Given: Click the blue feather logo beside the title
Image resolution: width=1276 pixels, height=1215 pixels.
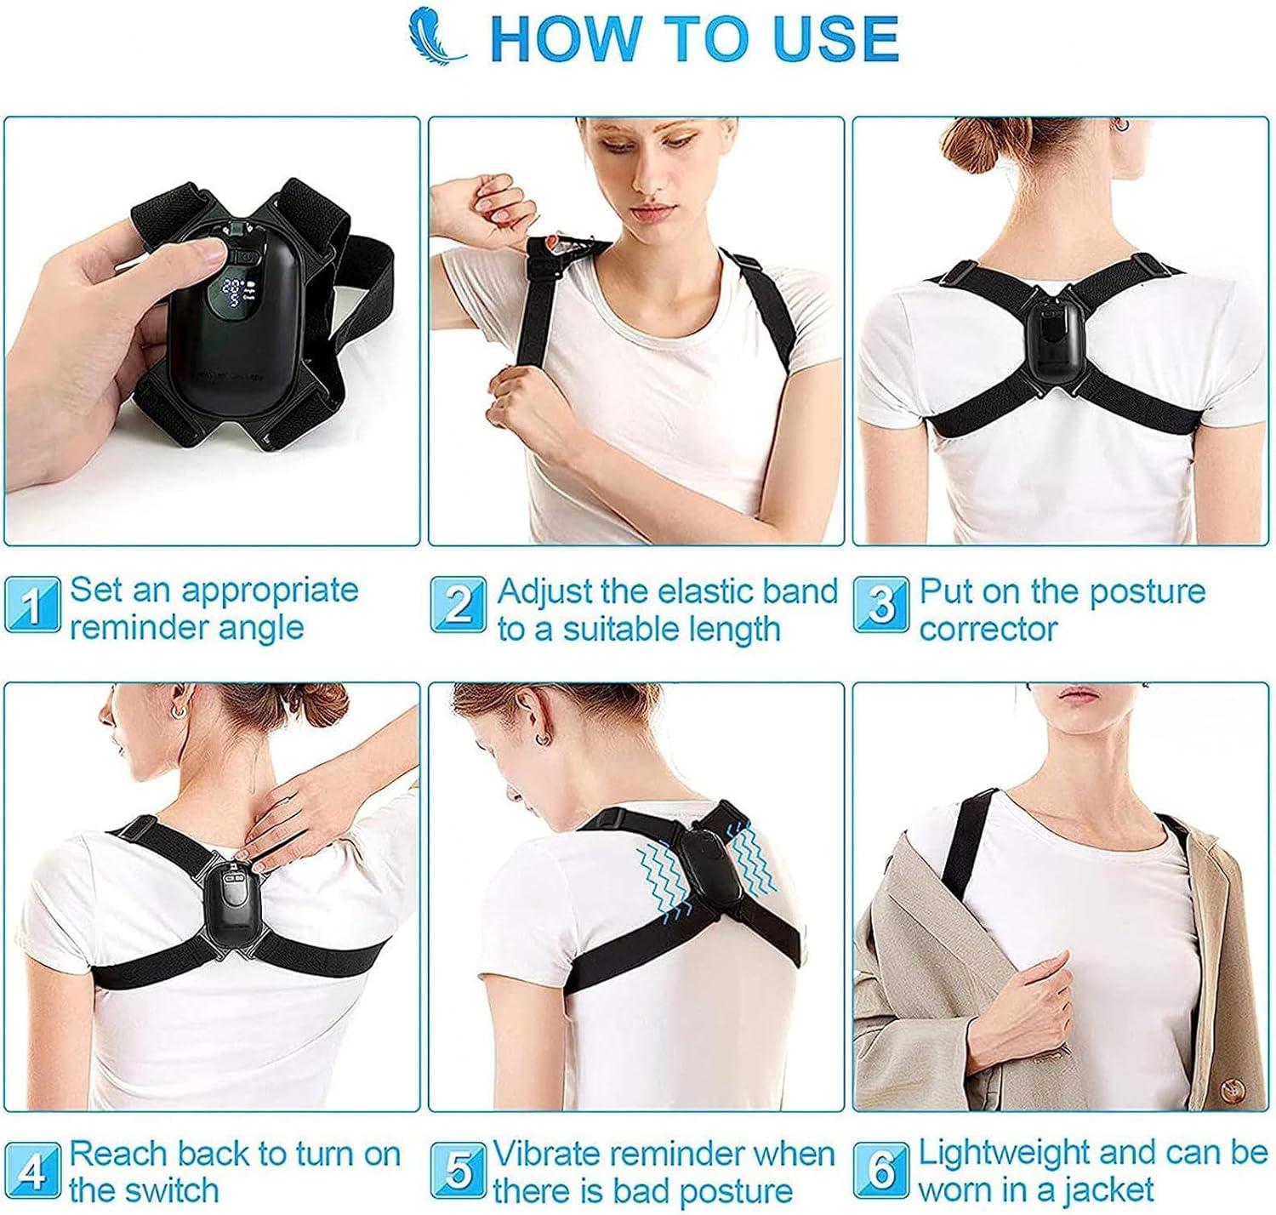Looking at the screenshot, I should coord(436,37).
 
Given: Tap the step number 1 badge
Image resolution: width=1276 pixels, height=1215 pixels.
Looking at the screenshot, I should coord(32,605).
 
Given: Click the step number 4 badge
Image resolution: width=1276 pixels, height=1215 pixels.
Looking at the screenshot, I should coord(32,1172).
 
